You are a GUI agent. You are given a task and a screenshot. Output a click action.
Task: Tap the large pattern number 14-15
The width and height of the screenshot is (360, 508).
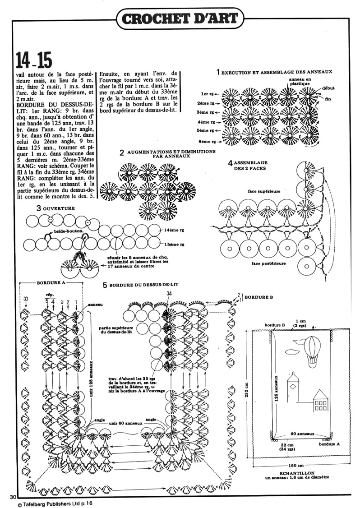[34, 60]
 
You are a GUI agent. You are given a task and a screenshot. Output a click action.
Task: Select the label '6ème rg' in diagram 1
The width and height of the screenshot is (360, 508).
[209, 141]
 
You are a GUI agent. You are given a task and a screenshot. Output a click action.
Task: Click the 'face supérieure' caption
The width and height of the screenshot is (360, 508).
[264, 191]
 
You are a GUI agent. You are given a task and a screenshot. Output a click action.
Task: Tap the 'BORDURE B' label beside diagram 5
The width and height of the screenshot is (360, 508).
[258, 297]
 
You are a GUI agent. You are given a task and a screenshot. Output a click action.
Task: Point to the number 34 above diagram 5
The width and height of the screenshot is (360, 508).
[169, 294]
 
